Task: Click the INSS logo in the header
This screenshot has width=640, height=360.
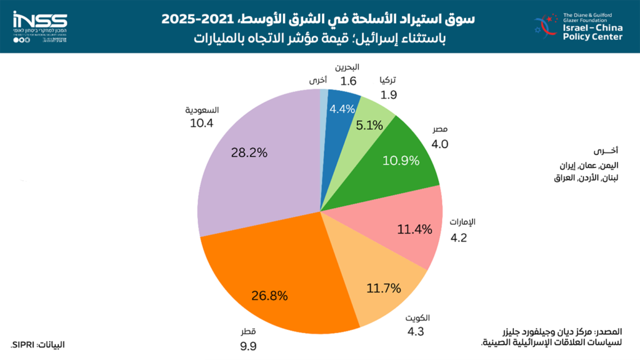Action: coord(39,19)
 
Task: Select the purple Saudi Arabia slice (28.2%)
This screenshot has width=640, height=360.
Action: coord(250,162)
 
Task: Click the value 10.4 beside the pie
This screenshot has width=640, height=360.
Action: coord(202,123)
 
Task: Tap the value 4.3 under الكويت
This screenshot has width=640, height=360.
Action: coord(416,331)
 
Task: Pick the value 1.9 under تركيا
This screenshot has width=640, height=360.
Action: coord(389,95)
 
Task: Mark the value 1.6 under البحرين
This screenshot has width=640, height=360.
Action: coord(348,81)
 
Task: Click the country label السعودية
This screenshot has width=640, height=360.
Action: coord(202,110)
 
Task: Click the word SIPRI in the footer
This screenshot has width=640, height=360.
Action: coord(24,344)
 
